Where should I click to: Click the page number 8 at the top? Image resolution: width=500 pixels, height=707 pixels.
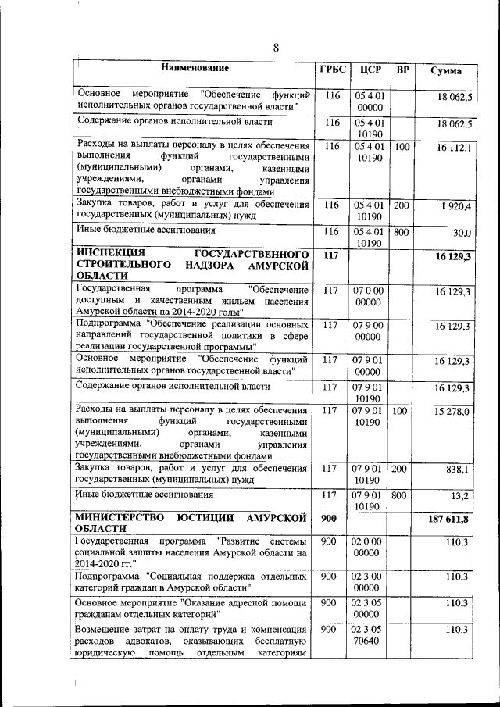click(275, 48)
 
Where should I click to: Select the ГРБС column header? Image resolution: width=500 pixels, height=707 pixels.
click(332, 70)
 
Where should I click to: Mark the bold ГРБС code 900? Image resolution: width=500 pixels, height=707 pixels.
click(329, 518)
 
